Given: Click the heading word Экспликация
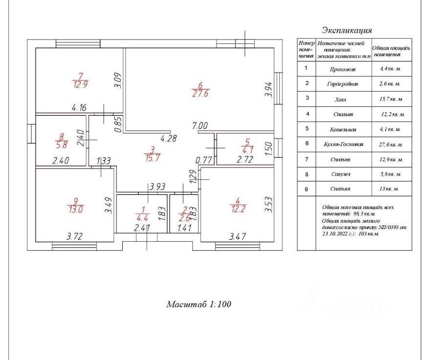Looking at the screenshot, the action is (x=347, y=30).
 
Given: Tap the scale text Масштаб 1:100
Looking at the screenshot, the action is (x=199, y=304).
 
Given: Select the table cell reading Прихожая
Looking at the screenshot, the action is (x=342, y=69).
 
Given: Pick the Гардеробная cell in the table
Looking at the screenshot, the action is (x=342, y=84).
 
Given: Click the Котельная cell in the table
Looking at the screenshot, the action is (x=342, y=129).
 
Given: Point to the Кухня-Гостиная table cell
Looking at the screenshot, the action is (x=342, y=145).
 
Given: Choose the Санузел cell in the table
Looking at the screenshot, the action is (x=342, y=174).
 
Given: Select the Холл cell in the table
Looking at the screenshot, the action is (x=342, y=99).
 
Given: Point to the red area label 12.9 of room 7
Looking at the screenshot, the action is (x=80, y=84).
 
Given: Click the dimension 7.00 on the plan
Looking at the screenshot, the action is (x=200, y=126).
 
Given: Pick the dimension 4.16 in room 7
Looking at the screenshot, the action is (x=79, y=107).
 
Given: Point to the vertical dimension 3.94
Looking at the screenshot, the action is (x=268, y=89).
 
